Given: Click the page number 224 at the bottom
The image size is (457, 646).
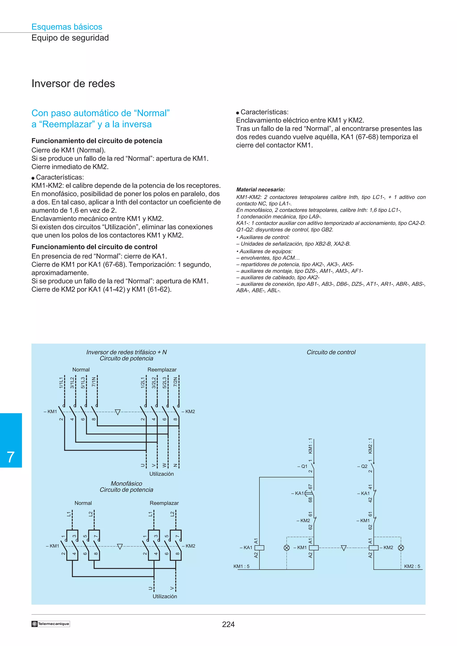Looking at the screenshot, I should point(228,624).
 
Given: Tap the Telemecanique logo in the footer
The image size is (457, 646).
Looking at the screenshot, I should point(51,624).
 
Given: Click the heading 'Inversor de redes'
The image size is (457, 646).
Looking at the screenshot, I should point(73,84).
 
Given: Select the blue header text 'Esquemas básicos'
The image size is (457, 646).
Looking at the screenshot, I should point(67,27).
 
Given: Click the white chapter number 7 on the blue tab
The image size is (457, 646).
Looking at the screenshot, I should point(11,457).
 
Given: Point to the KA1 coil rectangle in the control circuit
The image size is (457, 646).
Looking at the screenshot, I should point(259,547).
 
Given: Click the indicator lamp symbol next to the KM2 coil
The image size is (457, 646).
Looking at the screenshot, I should point(401,547).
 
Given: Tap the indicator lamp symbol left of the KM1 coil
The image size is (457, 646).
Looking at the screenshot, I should point(287,547).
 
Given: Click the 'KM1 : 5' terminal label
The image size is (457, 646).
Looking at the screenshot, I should point(241,566).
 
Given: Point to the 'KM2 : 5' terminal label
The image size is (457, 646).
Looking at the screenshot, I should point(412,566).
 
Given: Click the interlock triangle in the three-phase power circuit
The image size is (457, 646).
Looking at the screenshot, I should point(118,412).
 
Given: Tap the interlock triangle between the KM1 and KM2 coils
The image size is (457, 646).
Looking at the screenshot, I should point(343,548).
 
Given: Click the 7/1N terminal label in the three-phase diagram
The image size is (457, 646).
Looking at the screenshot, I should point(94,382).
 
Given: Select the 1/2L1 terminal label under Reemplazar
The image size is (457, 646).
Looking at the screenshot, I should point(143,383).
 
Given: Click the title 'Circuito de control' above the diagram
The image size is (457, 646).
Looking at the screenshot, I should point(331,352).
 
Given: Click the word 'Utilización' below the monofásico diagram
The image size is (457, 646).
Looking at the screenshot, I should point(165,596).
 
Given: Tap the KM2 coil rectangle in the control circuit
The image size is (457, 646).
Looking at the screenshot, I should point(373,547).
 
